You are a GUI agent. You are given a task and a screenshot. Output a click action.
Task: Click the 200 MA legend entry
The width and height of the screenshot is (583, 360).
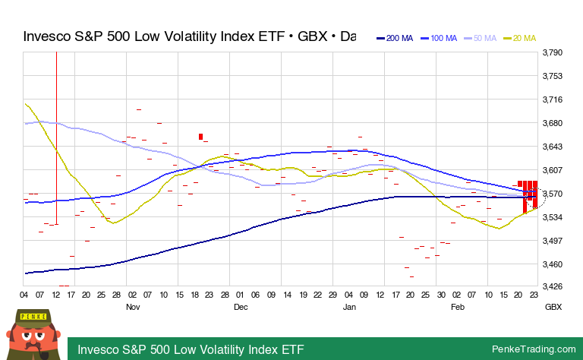coord(395,38)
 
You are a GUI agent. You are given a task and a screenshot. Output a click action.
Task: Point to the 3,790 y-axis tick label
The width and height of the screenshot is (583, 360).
coord(552,53)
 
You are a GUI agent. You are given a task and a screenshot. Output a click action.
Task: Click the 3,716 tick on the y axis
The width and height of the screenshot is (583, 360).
coord(552,100)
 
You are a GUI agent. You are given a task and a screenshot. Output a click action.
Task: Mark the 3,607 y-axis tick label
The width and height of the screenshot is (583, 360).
coord(552,170)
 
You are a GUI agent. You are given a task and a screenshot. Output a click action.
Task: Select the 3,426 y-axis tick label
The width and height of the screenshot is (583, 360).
coord(552,287)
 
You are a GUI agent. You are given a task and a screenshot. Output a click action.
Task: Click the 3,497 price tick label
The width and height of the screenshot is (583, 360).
coord(552,241)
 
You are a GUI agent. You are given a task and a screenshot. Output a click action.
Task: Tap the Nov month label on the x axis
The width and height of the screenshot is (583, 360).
coord(133,308)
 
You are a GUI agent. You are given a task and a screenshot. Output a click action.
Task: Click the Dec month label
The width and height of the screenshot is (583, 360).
coord(241,308)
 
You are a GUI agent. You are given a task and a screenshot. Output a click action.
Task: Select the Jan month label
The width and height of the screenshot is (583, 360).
coord(349,308)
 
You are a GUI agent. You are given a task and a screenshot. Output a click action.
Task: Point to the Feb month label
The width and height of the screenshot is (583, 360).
coord(458,308)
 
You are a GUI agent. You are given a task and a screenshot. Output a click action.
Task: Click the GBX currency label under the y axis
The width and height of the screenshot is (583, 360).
coord(552,308)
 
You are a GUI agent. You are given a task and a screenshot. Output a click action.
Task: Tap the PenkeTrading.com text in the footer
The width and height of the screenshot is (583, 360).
coord(534,349)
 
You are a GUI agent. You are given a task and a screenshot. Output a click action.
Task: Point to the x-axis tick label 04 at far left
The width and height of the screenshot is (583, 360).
coord(24,295)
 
